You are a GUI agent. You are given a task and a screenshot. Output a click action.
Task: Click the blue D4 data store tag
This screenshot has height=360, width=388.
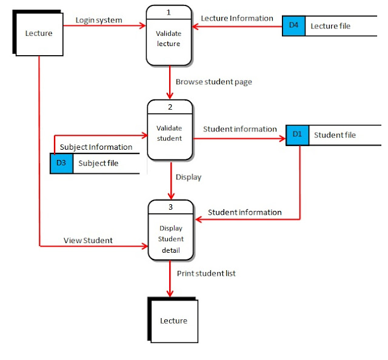tap(293, 25)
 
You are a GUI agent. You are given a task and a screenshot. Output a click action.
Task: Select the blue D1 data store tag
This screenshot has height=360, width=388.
tap(297, 134)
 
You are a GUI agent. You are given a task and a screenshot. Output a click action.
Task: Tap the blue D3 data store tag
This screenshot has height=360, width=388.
tap(61, 163)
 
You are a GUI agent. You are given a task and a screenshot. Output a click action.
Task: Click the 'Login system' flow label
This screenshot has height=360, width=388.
tap(99, 20)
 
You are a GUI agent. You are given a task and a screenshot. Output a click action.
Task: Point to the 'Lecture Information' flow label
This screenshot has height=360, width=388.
tap(237, 18)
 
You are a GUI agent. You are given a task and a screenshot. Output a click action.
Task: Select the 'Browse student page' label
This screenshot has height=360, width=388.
tap(213, 81)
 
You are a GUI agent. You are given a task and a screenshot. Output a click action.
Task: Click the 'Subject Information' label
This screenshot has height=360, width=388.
tap(96, 147)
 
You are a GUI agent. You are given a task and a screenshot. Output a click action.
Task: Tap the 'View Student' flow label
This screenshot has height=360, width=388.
tap(88, 240)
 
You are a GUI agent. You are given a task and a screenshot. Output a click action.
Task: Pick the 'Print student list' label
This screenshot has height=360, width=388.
tap(206, 273)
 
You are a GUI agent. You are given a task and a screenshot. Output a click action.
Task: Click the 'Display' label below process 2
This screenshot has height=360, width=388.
tap(189, 177)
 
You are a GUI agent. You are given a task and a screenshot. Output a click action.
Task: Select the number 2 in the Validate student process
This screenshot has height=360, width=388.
tap(170, 107)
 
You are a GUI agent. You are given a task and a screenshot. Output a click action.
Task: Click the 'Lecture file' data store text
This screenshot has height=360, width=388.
tap(330, 26)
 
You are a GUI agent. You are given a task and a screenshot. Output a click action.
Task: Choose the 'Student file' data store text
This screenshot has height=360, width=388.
tap(335, 135)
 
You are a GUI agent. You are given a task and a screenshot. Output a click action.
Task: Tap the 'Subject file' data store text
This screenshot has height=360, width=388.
tap(99, 163)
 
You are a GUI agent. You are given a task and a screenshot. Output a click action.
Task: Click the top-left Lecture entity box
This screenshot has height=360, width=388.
tap(38, 34)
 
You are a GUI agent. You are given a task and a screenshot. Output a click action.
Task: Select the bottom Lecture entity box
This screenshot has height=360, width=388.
tap(173, 321)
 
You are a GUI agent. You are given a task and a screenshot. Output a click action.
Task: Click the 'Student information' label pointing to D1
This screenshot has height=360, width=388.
tap(239, 128)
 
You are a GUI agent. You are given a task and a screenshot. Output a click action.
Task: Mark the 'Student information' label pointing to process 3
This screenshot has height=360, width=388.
tap(244, 212)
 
